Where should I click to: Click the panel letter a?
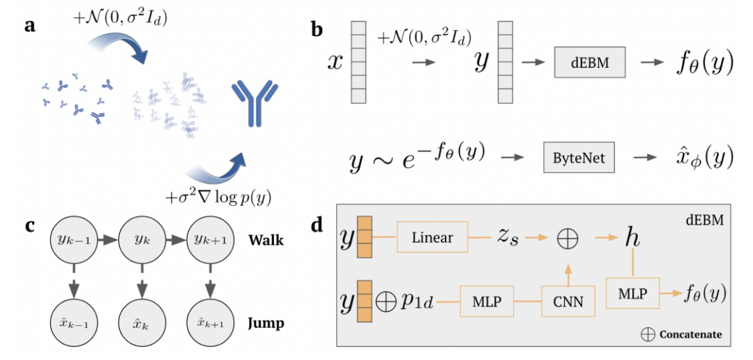tap(30, 27)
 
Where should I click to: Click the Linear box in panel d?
tap(433, 238)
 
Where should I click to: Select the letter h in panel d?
tap(632, 237)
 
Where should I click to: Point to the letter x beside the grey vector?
tap(336, 63)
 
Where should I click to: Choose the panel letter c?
tap(29, 225)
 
